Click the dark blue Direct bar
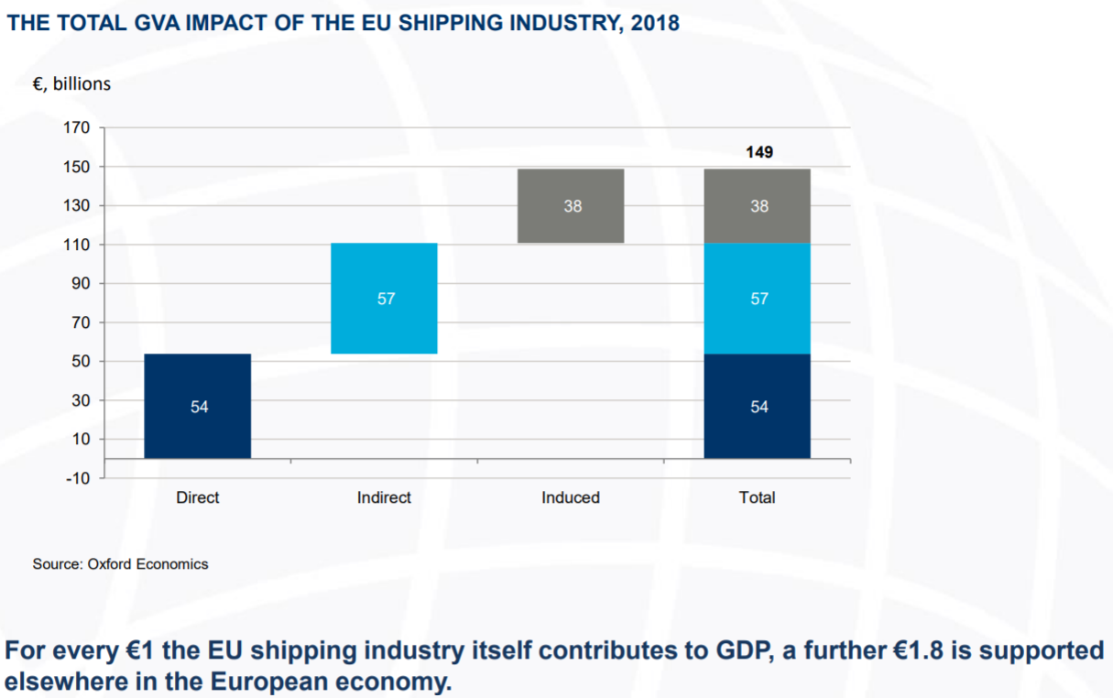pos(198,406)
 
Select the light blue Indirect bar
pos(384,298)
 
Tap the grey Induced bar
pos(571,206)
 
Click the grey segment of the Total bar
pos(758,206)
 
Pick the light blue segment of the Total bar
pos(758,298)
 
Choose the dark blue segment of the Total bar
pos(758,406)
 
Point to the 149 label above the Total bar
pos(759,152)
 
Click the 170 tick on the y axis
pos(77,127)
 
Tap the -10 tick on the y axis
pos(78,478)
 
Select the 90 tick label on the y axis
pos(81,284)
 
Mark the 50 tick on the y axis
pos(81,361)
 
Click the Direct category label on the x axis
pos(197,497)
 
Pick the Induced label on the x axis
pos(571,497)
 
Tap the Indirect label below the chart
pos(384,497)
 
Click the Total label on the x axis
pos(757,497)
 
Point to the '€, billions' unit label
pos(71,84)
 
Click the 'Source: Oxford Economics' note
pos(120,564)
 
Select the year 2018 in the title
pos(655,23)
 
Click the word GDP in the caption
pos(745,650)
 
